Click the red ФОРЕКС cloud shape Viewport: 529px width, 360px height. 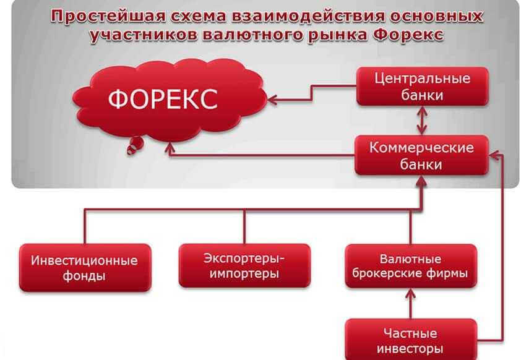click(170, 100)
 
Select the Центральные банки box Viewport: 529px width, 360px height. click(423, 87)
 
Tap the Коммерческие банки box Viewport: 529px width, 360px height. click(422, 155)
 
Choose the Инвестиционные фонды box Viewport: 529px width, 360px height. click(85, 268)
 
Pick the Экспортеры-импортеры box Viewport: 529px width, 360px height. click(244, 265)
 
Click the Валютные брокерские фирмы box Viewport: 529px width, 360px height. click(411, 266)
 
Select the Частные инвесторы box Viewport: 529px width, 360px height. click(411, 340)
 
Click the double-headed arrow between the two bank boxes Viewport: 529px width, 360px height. click(422, 121)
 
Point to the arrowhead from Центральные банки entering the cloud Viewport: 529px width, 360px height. click(272, 100)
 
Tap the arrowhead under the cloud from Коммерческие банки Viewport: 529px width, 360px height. click(170, 148)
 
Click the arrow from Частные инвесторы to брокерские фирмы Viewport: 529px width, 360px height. click(411, 304)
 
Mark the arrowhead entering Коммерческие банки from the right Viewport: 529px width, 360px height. click(494, 155)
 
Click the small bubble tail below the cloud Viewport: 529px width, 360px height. click(135, 146)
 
